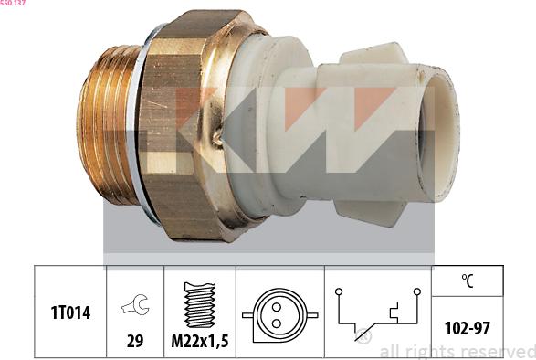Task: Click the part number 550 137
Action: tap(13, 5)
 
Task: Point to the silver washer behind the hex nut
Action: tap(139, 128)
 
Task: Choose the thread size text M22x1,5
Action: tap(199, 342)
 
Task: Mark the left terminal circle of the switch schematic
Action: tap(338, 292)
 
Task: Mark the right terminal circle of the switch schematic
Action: tap(416, 292)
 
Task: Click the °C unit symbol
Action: tap(467, 281)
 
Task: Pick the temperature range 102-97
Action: tap(467, 327)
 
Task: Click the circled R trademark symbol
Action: tap(364, 338)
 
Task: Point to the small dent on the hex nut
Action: tap(218, 139)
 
